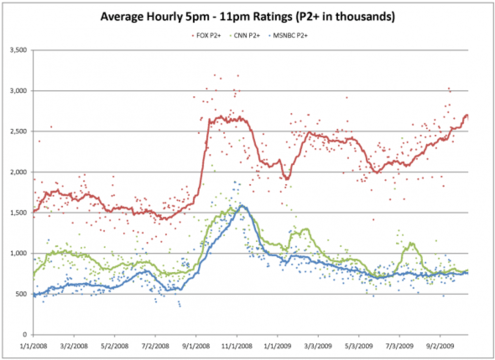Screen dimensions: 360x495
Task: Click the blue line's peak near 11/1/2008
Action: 241,207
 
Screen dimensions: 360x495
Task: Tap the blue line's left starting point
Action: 34,295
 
